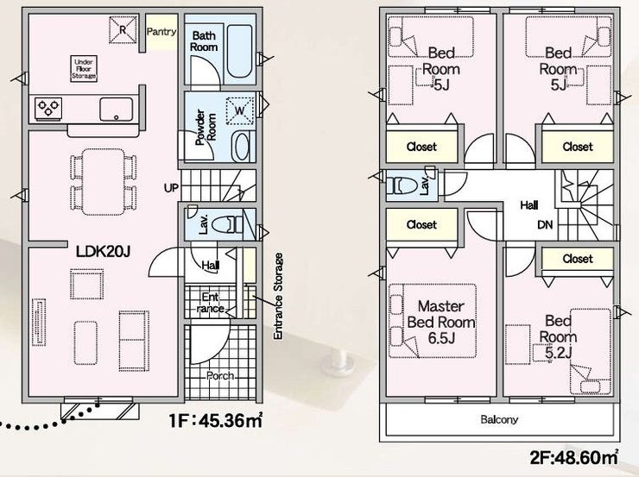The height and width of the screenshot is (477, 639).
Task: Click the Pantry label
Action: (x=161, y=32)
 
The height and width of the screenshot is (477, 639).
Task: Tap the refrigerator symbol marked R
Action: (x=123, y=29)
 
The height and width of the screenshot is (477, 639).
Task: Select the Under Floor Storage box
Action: (x=84, y=69)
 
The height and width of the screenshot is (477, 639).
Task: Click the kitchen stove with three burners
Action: (x=48, y=109)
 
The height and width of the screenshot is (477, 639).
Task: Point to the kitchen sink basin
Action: (x=117, y=109)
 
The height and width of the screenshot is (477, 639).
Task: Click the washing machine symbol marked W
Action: (x=240, y=110)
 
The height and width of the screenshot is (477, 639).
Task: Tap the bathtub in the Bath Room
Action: (x=239, y=51)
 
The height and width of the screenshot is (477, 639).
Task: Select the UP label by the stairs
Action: (x=171, y=188)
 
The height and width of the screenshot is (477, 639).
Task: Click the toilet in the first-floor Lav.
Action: (x=227, y=224)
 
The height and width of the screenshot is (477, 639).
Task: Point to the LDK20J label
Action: (x=103, y=252)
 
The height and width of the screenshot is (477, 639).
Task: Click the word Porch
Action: (x=220, y=376)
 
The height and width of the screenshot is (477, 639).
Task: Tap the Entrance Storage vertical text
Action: (x=278, y=297)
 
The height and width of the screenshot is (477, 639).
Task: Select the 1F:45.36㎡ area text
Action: (x=216, y=420)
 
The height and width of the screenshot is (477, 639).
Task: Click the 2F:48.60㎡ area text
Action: (x=573, y=457)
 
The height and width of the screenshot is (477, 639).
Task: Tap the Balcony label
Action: (x=499, y=419)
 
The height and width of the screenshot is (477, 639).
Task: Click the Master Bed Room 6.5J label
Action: (x=441, y=322)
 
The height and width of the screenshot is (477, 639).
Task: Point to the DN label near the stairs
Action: (x=545, y=224)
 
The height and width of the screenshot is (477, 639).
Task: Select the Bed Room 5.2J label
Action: (x=558, y=337)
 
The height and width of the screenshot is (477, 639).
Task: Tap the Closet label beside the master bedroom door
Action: (x=421, y=224)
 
